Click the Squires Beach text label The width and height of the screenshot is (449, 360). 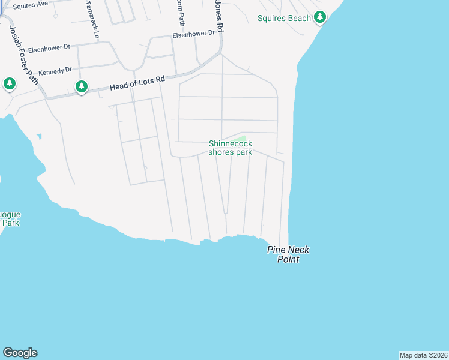[284, 18]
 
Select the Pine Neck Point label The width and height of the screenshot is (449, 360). [288, 254]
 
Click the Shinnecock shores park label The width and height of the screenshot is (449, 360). [230, 148]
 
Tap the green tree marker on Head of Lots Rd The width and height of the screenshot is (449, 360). [82, 86]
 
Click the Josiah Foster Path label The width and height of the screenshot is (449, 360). [23, 53]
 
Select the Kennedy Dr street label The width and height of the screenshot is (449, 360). [55, 71]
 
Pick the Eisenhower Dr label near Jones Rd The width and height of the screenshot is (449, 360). [193, 34]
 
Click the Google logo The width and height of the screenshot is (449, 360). [20, 353]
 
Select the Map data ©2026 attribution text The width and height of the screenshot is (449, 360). [423, 355]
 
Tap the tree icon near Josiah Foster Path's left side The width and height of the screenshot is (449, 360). [10, 83]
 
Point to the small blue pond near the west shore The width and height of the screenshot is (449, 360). [39, 136]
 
